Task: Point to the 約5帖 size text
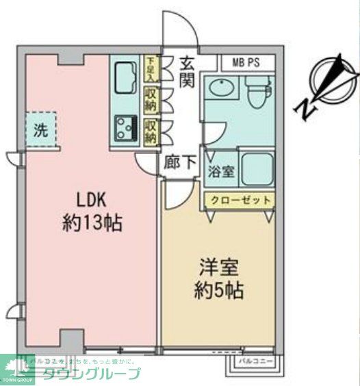tap(218, 290)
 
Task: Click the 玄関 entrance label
tap(188, 72)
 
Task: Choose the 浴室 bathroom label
tap(222, 172)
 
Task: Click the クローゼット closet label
tap(239, 201)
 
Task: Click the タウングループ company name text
tap(92, 374)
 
